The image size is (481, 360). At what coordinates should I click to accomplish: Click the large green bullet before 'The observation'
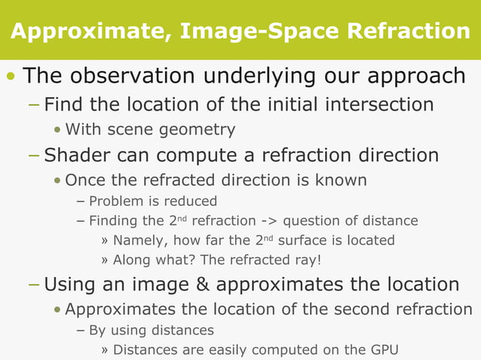coord(10,77)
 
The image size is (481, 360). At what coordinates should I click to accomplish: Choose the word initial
coord(292,104)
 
